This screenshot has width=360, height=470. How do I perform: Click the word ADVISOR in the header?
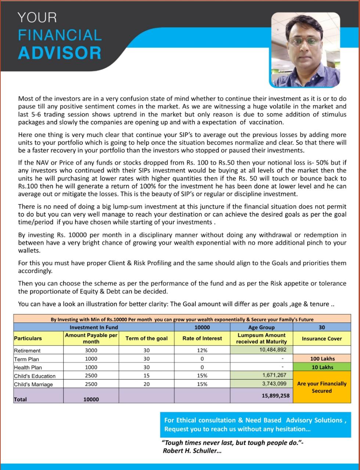pyautogui.click(x=60, y=53)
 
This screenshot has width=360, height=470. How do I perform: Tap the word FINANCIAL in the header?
pyautogui.click(x=60, y=35)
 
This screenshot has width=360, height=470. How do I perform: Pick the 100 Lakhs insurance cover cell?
pyautogui.click(x=322, y=358)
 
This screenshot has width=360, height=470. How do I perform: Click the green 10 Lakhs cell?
pyautogui.click(x=322, y=367)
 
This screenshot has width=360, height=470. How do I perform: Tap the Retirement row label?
pyautogui.click(x=27, y=351)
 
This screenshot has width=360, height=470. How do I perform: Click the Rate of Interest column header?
pyautogui.click(x=202, y=338)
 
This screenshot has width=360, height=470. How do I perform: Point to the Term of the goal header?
pyautogui.click(x=146, y=338)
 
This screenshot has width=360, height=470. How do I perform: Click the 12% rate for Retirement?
pyautogui.click(x=202, y=351)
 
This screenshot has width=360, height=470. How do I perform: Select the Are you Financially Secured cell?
pyautogui.click(x=322, y=387)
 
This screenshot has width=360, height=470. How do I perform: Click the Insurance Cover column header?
pyautogui.click(x=322, y=339)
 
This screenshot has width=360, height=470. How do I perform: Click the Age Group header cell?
pyautogui.click(x=261, y=327)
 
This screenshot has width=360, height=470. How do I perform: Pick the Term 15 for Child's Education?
pyautogui.click(x=146, y=376)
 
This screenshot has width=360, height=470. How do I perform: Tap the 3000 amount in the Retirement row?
pyautogui.click(x=91, y=351)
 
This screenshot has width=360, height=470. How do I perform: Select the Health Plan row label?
pyautogui.click(x=28, y=368)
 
